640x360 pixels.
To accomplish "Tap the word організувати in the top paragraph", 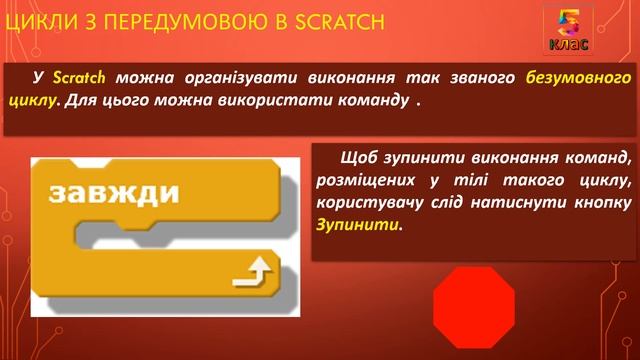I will (188, 78).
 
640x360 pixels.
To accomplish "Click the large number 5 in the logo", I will (567, 24).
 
